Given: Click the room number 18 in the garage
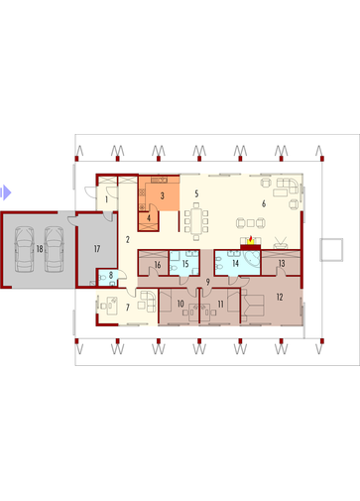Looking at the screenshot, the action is tap(40, 249).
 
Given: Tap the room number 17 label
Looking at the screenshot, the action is tap(97, 249).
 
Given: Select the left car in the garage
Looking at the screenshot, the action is tap(24, 249).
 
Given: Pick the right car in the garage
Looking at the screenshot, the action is tap(55, 249).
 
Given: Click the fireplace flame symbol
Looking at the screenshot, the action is tap(251, 240).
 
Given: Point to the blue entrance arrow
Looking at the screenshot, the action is tap(6, 192).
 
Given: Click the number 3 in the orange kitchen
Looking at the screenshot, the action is tap(162, 195).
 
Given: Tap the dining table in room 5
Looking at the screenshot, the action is tap(196, 220).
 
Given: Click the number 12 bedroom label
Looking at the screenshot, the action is tap(280, 297).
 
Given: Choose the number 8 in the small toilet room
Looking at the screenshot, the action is tap(111, 275).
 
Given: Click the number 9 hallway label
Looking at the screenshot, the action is tap(207, 282).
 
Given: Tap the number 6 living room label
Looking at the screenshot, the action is tap(264, 203).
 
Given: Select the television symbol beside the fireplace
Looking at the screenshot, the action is tap(281, 242).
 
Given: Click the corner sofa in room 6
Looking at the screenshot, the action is tap(287, 186).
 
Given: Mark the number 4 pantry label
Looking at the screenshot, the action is tap(149, 218).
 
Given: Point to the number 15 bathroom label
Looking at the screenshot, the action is tap(185, 264).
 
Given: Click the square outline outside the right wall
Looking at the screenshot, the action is tap(331, 250).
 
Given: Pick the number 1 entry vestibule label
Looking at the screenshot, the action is tap(106, 199).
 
